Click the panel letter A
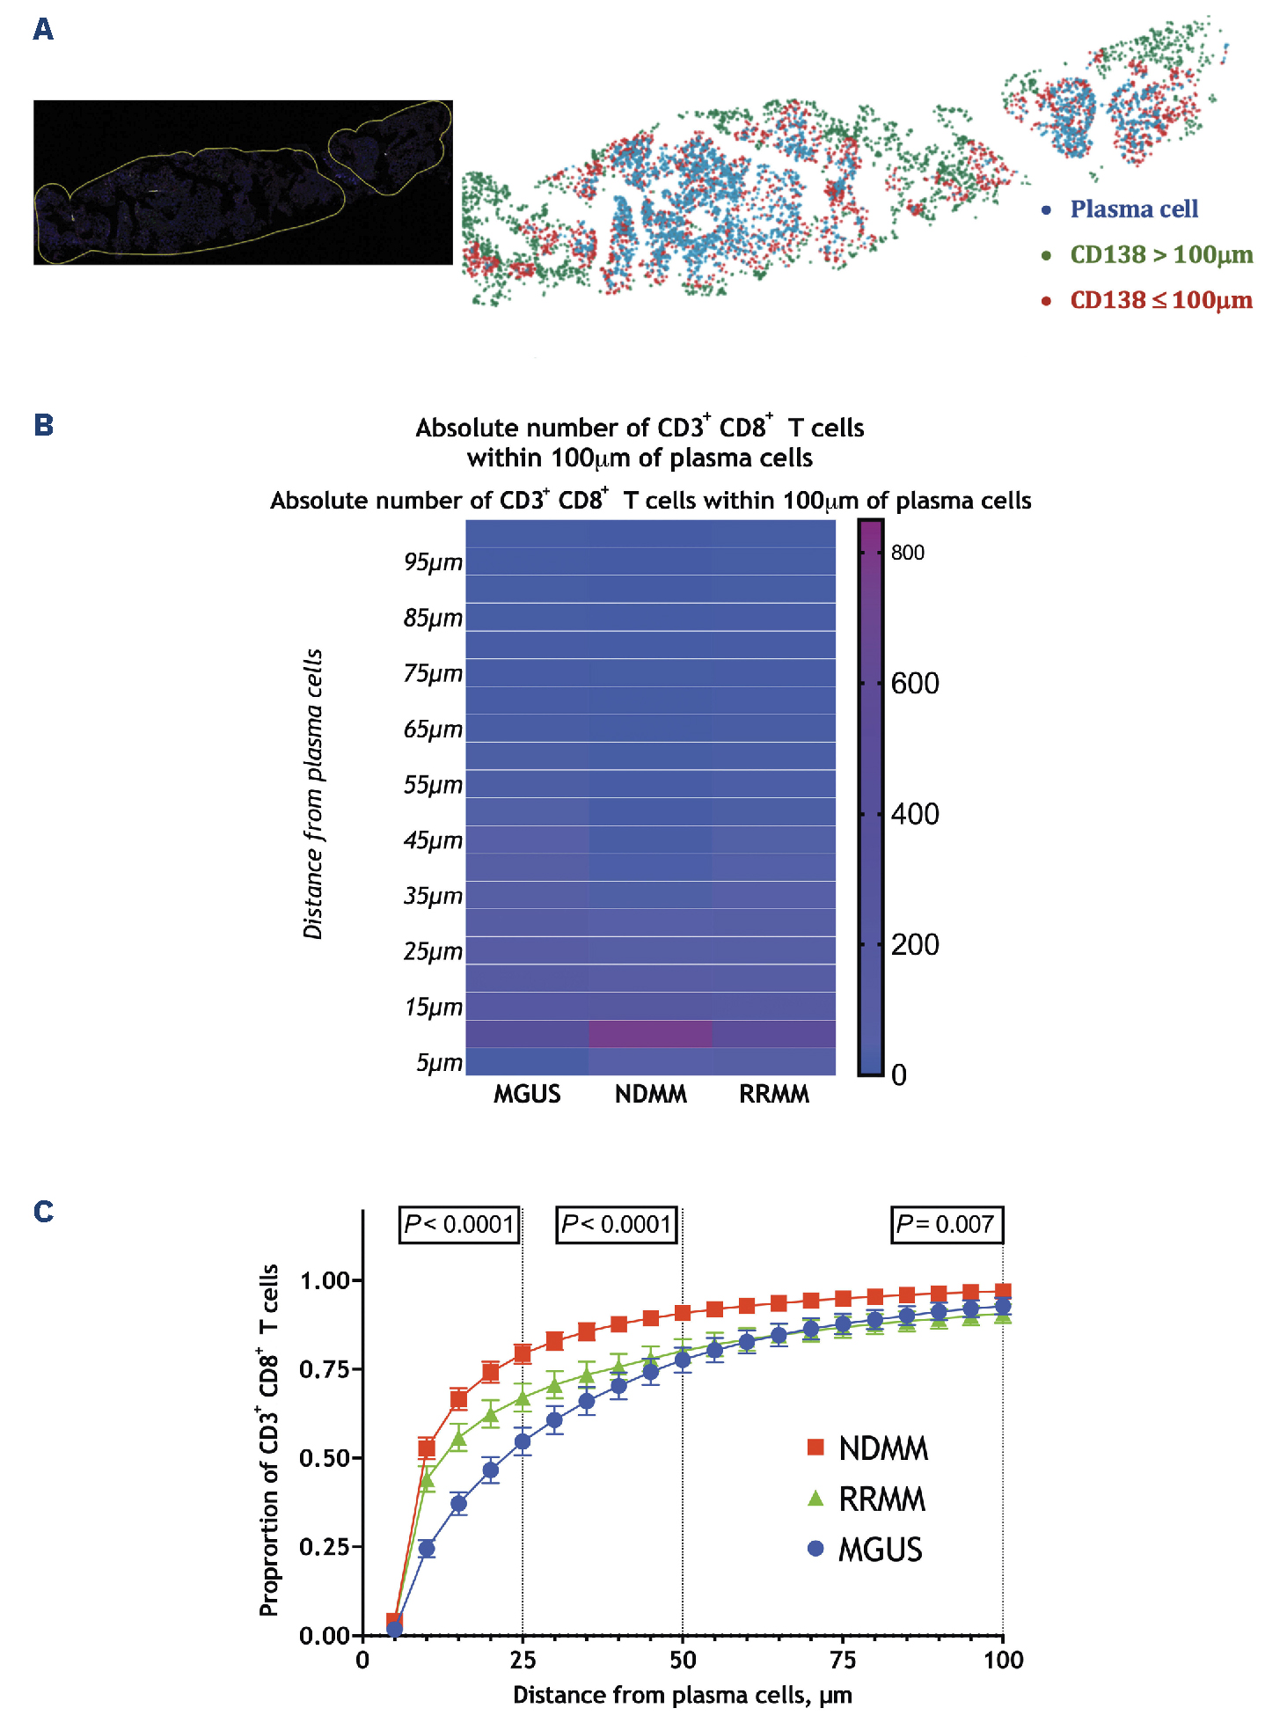pos(43,30)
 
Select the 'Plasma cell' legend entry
pos(1133,209)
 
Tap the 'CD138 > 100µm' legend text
pos(1160,255)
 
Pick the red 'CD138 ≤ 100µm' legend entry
pos(1160,301)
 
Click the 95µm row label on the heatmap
pos(433,562)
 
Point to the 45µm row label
pos(433,840)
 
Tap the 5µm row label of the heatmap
pos(439,1063)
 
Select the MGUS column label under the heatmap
pos(527,1094)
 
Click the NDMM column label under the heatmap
pos(650,1094)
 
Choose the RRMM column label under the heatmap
pos(773,1094)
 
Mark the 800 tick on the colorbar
pos(907,553)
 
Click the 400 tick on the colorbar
pos(914,814)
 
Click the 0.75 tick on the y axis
pos(324,1369)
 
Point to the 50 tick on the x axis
pos(683,1661)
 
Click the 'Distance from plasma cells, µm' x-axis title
pos(682,1695)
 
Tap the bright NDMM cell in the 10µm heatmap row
pos(650,1034)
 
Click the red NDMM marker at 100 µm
pos(1002,1292)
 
